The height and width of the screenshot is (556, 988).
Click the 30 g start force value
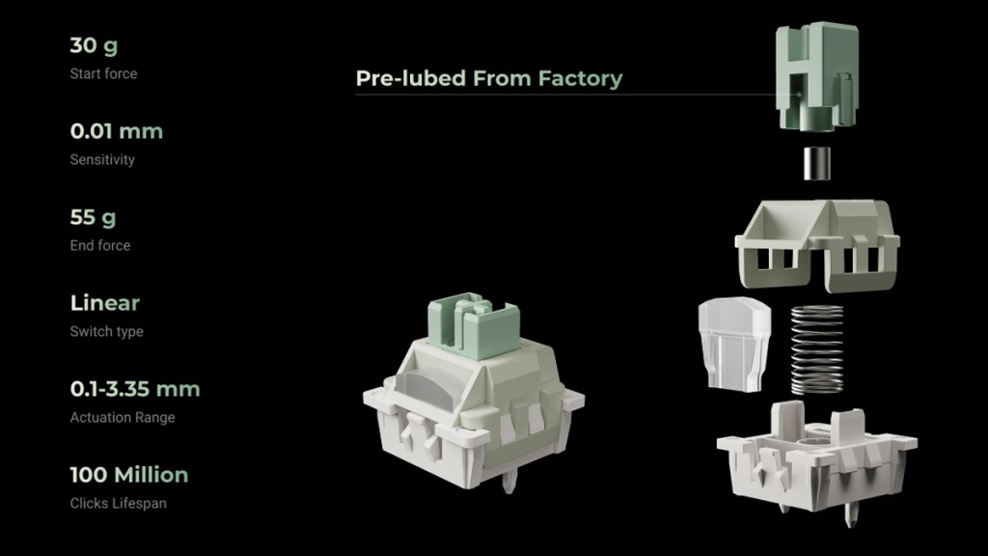point(94,45)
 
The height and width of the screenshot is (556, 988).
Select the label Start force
point(103,73)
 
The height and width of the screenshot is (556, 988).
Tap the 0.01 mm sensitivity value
point(117,131)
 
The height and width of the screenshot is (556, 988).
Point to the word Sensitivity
point(102,159)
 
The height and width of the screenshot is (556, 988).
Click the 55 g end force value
point(93,217)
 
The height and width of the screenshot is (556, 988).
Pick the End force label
point(100,245)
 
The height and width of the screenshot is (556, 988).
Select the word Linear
point(104,303)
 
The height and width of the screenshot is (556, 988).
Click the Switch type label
point(106,332)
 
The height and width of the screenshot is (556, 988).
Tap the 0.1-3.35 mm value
point(135,389)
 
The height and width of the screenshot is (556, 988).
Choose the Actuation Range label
point(123,417)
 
